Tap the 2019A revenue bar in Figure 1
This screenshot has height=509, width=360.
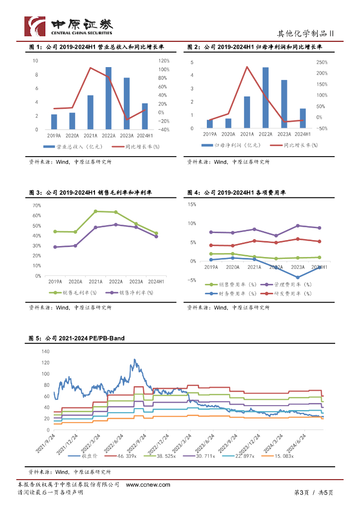click(54, 122)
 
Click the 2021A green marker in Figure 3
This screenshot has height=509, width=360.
click(95, 211)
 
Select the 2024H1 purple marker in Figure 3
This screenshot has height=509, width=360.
click(156, 237)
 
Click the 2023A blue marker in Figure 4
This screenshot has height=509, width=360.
click(297, 277)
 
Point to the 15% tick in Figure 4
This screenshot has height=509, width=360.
click(191, 204)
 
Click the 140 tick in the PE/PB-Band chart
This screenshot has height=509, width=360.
click(46, 351)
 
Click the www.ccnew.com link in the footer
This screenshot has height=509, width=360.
click(148, 485)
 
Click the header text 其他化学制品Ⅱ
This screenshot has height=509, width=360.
click(305, 34)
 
